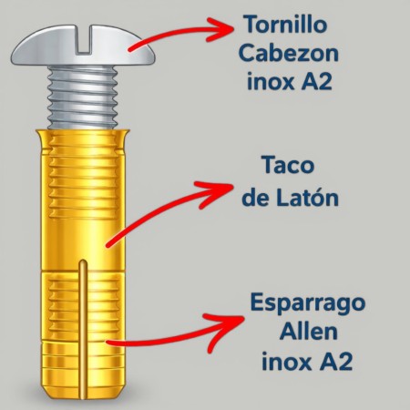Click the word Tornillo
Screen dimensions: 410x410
[x=286, y=25]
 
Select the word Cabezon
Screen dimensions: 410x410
[x=289, y=54]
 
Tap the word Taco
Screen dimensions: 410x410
[x=288, y=165]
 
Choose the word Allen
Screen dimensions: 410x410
[x=308, y=332]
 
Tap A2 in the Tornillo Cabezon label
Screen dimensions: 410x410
[x=316, y=82]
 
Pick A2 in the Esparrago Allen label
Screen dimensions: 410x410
[x=337, y=361]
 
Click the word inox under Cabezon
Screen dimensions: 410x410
[x=271, y=82]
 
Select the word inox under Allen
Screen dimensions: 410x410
[x=286, y=361]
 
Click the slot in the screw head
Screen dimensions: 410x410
[x=83, y=40]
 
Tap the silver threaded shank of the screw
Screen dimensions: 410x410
[x=83, y=97]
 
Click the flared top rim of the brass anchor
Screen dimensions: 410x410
[x=83, y=133]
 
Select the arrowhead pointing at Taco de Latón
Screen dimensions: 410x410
[x=216, y=194]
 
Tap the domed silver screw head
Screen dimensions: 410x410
[x=83, y=46]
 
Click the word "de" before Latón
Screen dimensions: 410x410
[x=256, y=198]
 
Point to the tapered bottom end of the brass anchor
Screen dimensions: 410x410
[x=83, y=392]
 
